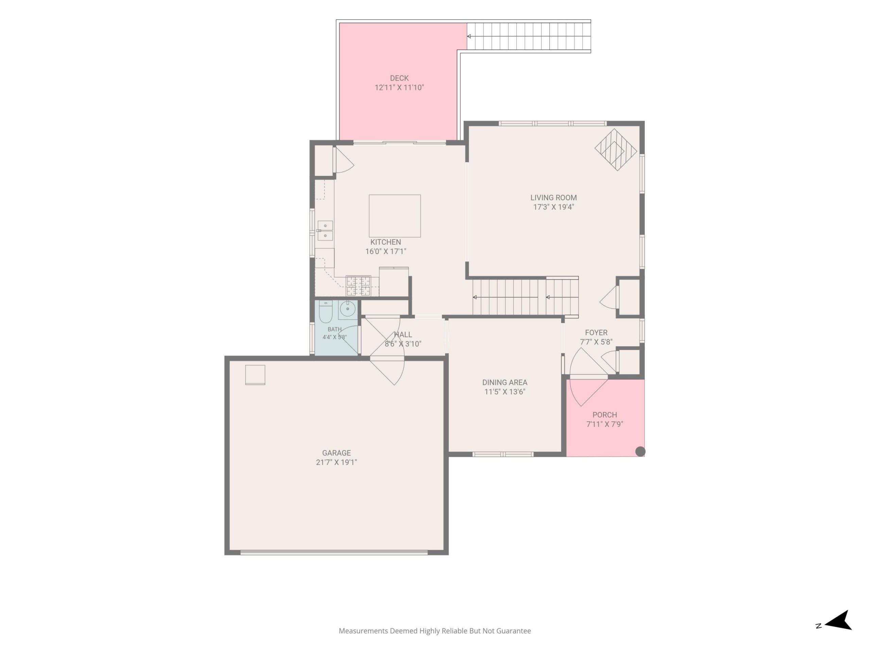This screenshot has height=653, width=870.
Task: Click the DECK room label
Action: [x=399, y=78]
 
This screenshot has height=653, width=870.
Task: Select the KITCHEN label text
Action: [x=385, y=242]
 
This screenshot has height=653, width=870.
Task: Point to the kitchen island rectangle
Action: [x=395, y=216]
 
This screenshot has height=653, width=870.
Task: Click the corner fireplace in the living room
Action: [x=615, y=150]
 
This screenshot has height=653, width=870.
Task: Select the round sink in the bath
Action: [x=348, y=309]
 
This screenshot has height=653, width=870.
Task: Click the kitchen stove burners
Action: [x=358, y=286]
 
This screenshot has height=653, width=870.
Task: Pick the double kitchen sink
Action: [x=325, y=231]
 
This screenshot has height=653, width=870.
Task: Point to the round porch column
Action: [x=640, y=451]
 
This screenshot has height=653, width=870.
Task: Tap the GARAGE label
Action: [x=336, y=453]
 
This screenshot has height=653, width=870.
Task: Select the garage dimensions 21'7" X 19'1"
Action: [x=336, y=463]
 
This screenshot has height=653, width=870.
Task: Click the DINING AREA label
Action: [x=505, y=383]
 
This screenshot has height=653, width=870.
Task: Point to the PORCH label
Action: [x=605, y=415]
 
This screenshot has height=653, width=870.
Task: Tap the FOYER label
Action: [x=596, y=333]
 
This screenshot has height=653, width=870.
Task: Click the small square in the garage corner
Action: [x=255, y=375]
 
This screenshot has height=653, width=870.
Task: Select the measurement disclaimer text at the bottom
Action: [x=435, y=631]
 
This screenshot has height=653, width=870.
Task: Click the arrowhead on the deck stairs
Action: [x=469, y=36]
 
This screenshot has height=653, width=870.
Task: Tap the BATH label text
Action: [x=335, y=330]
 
